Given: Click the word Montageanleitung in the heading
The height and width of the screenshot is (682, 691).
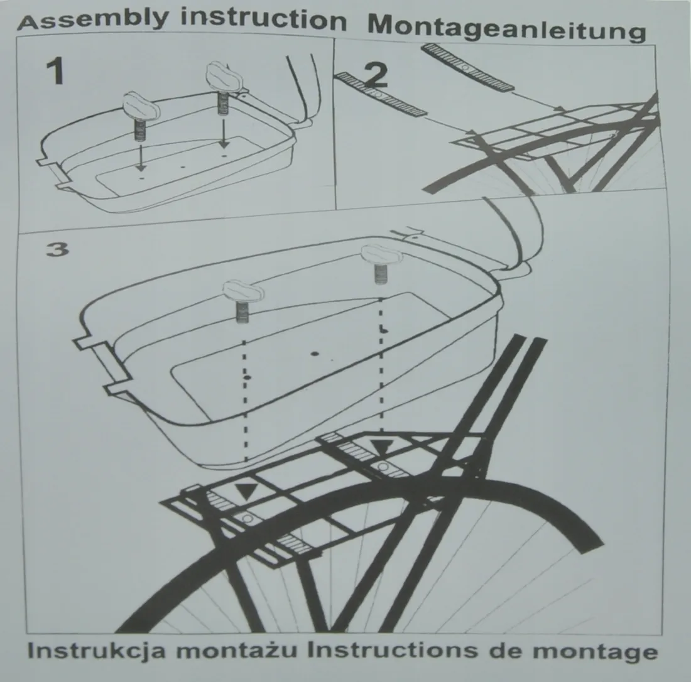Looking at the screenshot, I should click(506, 28).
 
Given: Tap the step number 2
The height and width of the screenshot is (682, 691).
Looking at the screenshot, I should click(376, 75).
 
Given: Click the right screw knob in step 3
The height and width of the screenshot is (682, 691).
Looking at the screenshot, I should click(382, 256).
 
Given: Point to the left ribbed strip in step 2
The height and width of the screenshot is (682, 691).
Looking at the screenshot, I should click(382, 95).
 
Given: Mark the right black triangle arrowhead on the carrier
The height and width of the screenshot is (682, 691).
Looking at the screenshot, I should click(381, 448).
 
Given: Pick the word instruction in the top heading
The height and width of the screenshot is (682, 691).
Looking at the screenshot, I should click(264, 19).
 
